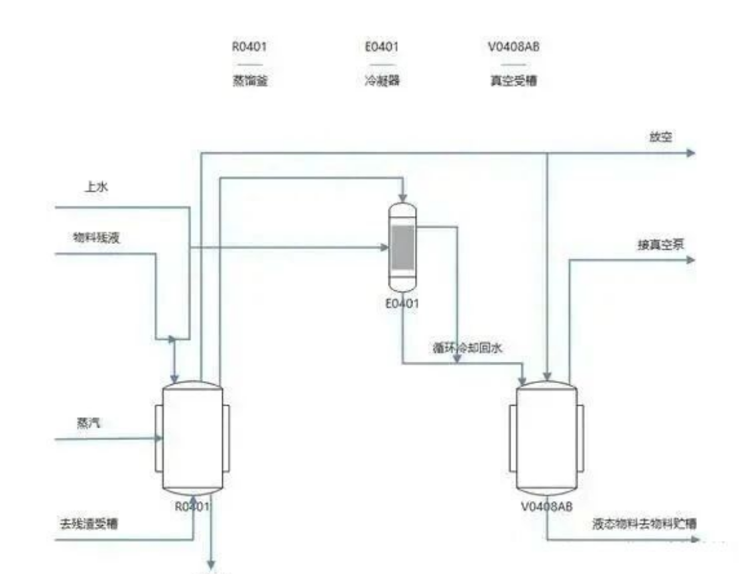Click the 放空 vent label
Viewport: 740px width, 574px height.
660,137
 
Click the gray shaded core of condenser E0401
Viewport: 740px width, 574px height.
402,247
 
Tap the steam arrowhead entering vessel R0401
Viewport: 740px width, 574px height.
158,437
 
